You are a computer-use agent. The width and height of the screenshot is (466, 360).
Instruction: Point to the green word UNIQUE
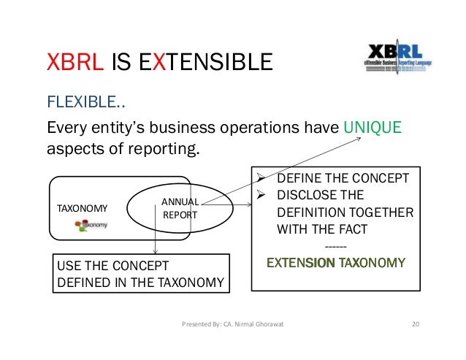pyautogui.click(x=373, y=128)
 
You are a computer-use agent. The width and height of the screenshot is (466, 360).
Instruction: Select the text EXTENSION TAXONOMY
pyautogui.click(x=336, y=262)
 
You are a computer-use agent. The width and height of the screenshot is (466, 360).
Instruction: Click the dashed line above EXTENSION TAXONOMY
pyautogui.click(x=336, y=246)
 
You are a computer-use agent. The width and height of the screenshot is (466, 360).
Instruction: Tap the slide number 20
pyautogui.click(x=416, y=323)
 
